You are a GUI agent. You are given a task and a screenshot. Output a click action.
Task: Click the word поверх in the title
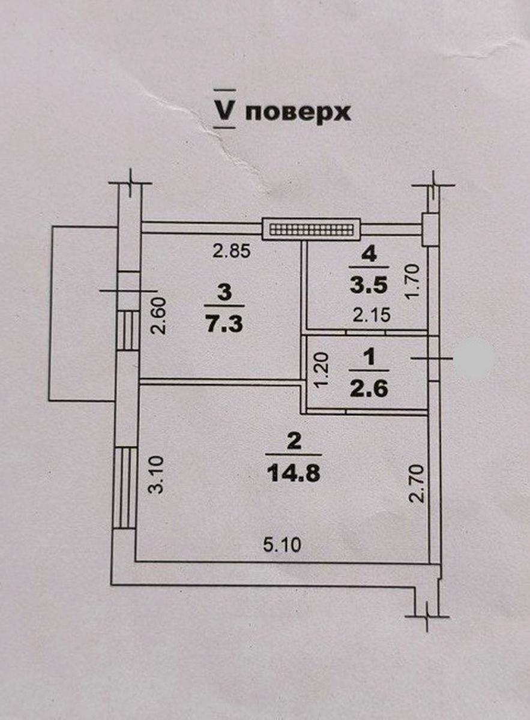coord(298,112)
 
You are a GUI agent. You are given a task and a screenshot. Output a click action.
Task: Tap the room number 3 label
coord(224,293)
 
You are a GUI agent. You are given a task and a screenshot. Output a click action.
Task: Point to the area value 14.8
coord(295,473)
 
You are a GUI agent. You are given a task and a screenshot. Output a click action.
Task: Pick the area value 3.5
coord(369,283)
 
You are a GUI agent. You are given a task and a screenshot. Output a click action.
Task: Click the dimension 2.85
coord(232,251)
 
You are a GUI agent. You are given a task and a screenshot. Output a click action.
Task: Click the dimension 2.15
coord(373,315)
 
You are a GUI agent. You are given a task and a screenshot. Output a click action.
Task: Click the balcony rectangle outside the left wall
coord(81,312)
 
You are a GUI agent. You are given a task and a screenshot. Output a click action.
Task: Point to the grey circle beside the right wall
coord(474,359)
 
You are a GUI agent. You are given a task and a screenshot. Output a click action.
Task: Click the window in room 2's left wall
coord(125,488)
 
